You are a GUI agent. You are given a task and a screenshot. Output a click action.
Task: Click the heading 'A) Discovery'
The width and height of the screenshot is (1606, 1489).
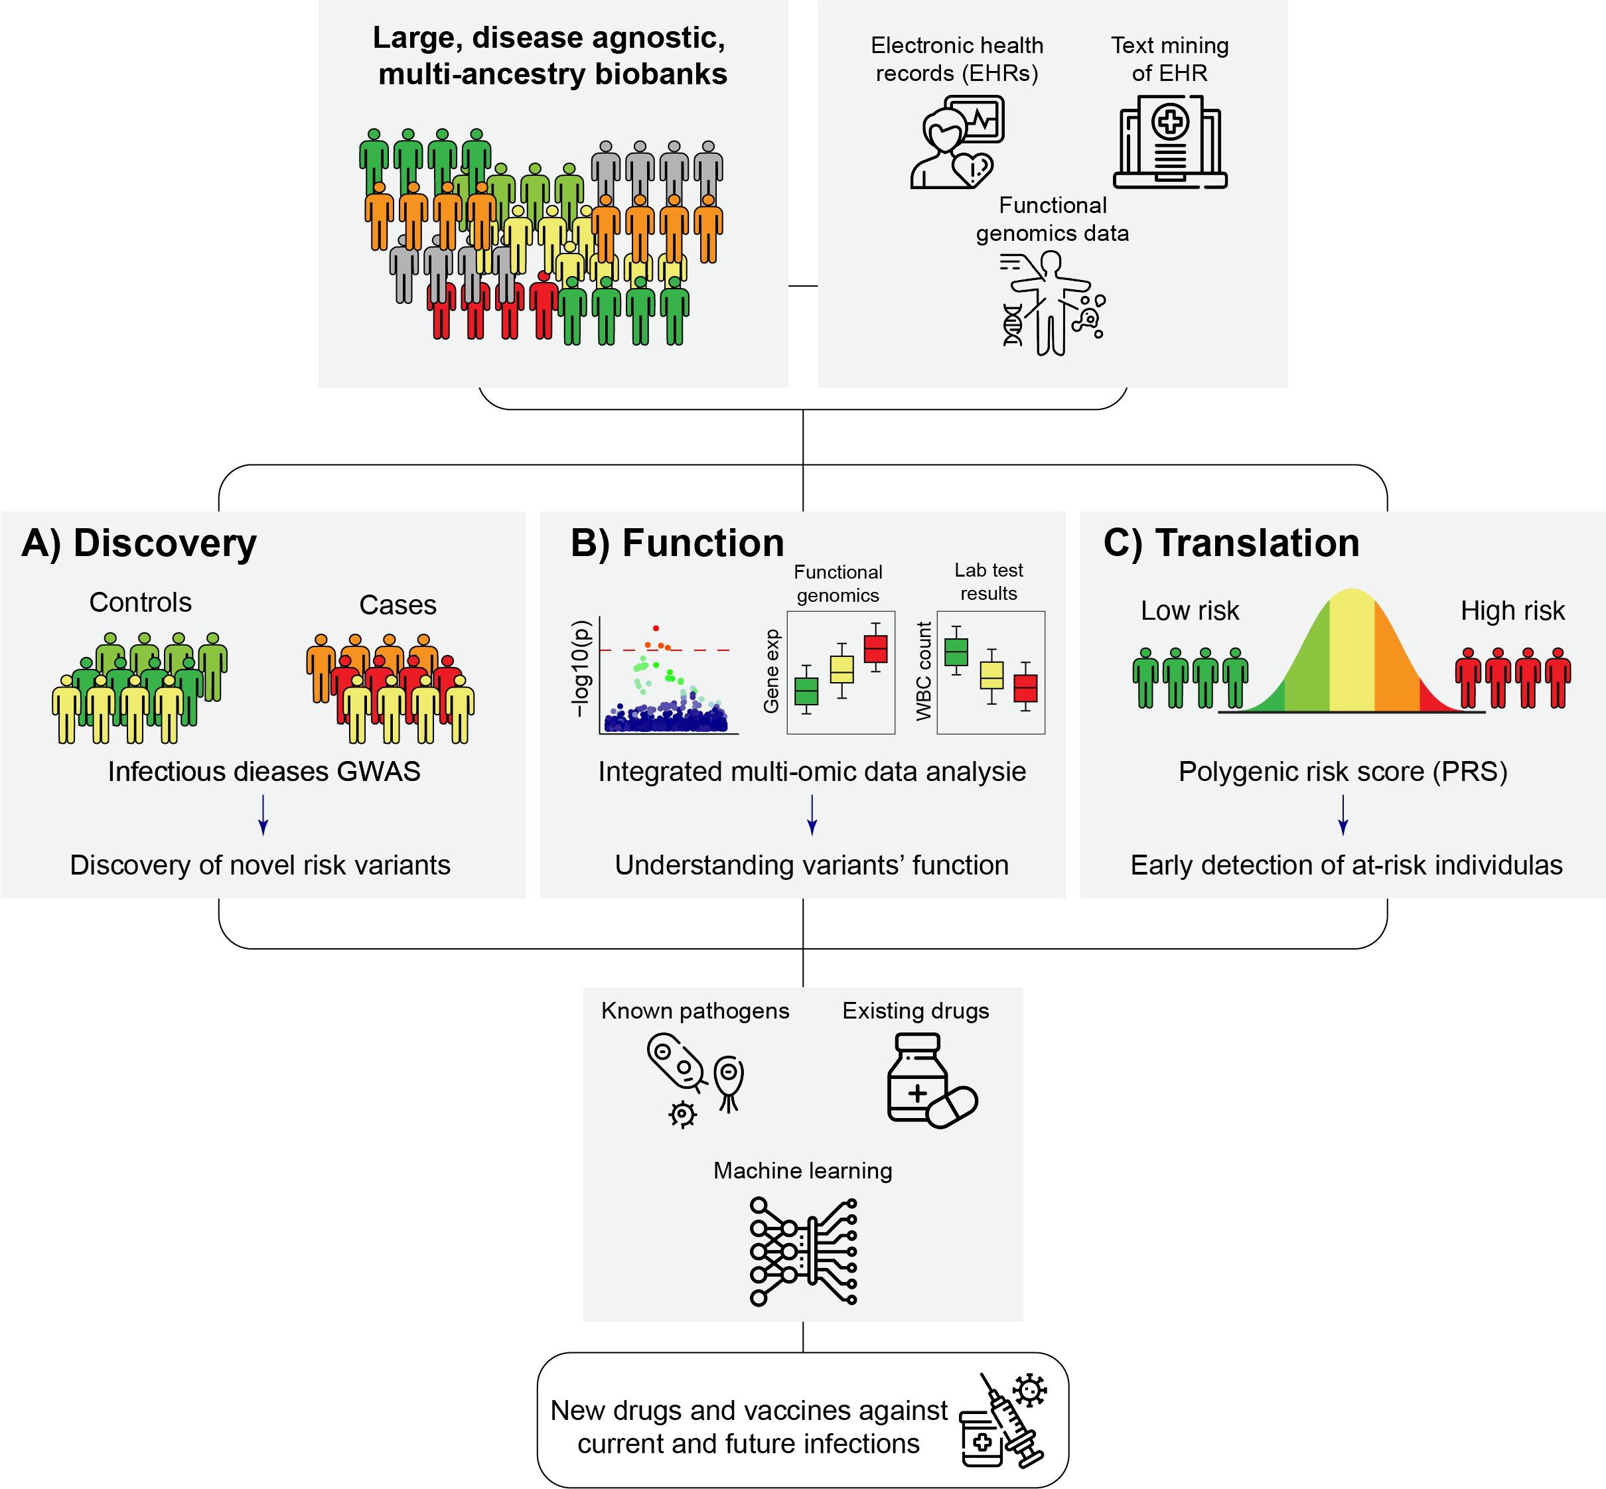pos(139,543)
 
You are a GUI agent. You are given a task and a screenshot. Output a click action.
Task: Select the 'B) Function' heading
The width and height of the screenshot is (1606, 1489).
pos(677,543)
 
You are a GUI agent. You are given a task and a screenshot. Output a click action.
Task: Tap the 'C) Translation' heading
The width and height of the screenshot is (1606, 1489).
pos(1231,543)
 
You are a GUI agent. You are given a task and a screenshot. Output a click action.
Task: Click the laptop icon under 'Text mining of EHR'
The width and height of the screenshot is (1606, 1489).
pos(1170,142)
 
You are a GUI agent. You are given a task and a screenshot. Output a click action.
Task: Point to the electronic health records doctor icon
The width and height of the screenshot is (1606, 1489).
pos(956,143)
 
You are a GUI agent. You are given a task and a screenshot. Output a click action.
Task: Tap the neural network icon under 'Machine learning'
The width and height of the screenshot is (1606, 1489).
pos(802,1251)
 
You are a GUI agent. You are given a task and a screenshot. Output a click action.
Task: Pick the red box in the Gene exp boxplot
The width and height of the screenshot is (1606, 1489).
pos(875,649)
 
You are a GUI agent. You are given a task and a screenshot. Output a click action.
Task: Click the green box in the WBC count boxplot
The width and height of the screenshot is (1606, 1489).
pos(956,651)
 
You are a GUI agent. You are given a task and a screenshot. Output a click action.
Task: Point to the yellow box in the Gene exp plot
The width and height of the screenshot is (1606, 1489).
pos(841,670)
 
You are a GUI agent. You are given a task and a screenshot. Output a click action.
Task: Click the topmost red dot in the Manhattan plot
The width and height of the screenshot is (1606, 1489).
pos(656,628)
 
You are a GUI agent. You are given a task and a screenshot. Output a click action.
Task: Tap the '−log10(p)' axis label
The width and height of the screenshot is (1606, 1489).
pos(581,668)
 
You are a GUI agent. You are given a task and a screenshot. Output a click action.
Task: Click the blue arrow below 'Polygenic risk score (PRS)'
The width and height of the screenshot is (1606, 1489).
pos(1343,815)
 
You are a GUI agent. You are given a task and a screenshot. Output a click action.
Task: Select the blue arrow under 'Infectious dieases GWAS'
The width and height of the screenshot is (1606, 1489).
pos(263,815)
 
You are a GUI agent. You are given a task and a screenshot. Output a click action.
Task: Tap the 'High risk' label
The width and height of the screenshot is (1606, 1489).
pos(1512,610)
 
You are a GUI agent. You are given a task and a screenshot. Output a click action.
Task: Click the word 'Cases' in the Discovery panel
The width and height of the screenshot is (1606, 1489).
pos(398,605)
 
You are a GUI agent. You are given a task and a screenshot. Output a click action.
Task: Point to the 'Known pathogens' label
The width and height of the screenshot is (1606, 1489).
pos(695,1011)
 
